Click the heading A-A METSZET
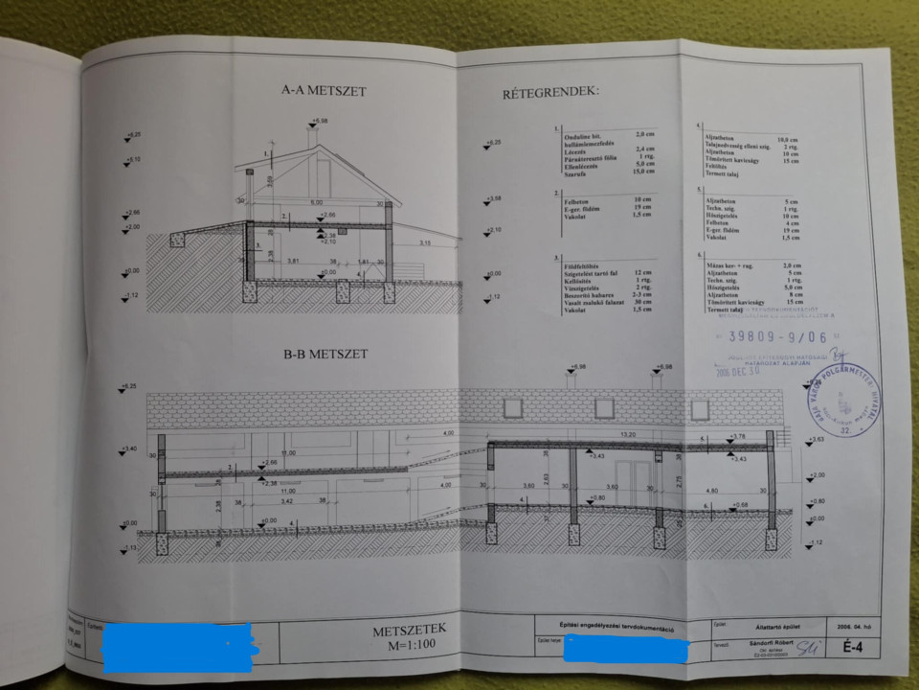click(325, 91)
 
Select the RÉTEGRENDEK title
click(551, 93)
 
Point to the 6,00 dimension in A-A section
click(315, 203)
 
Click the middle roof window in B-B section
click(604, 408)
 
